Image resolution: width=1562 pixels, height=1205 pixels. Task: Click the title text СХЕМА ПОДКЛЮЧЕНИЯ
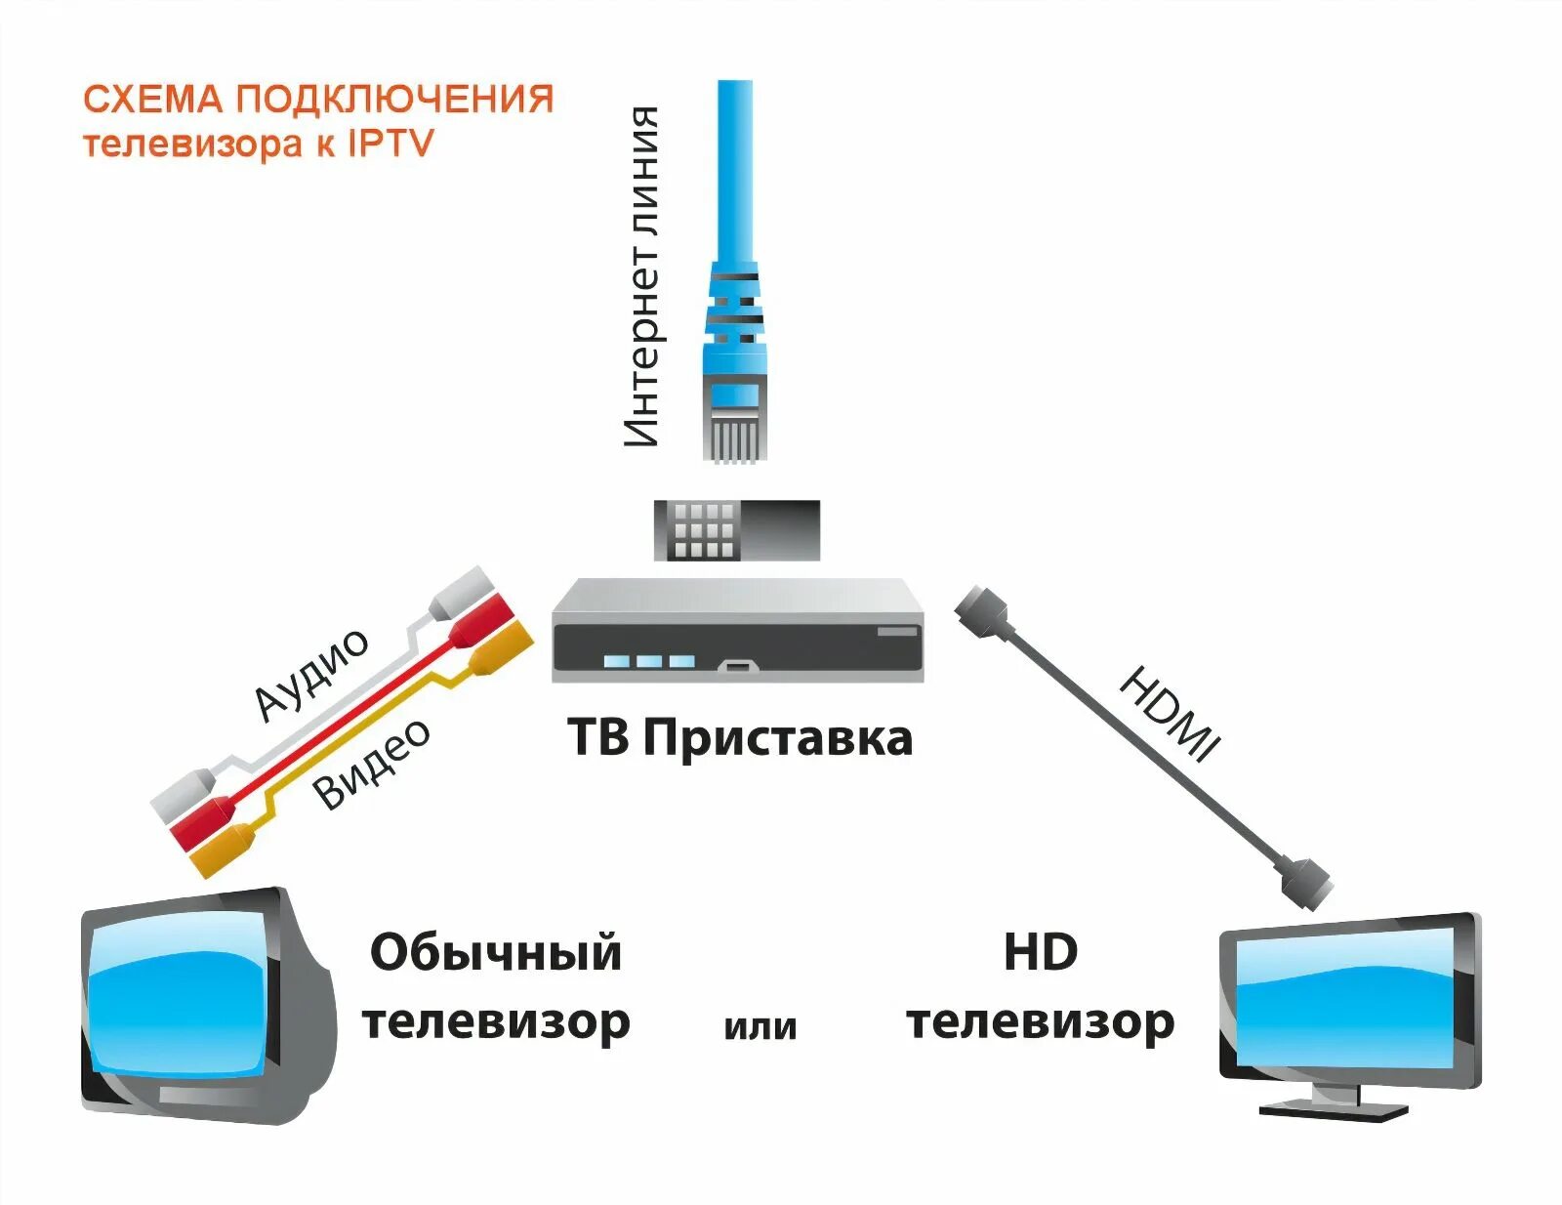click(318, 99)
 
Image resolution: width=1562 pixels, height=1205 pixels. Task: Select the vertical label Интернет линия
click(642, 276)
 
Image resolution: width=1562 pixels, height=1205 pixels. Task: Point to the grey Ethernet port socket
click(736, 530)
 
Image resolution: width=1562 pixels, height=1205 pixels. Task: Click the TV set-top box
click(737, 631)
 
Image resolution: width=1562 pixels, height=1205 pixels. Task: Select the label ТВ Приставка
click(740, 737)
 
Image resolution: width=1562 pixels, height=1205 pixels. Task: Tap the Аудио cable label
click(311, 673)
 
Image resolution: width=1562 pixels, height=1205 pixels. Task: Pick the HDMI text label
click(1169, 714)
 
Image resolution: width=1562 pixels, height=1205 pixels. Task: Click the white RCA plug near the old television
click(184, 792)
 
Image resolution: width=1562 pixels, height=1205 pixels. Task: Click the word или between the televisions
click(760, 1026)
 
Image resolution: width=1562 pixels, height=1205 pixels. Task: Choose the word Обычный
click(495, 953)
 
